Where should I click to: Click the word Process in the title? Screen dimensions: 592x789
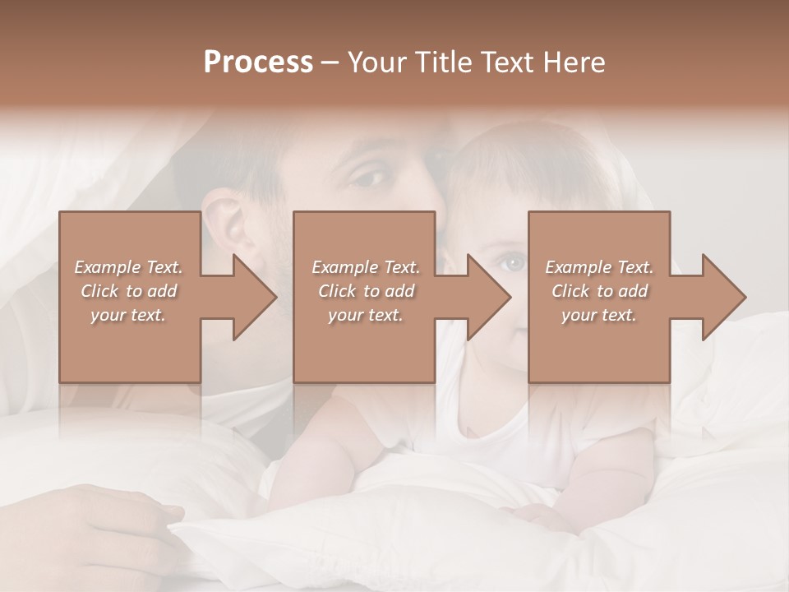point(258,62)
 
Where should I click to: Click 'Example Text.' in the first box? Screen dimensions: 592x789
point(128,267)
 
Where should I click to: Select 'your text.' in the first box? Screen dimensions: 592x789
point(128,315)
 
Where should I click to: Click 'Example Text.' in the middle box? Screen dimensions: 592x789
point(366,267)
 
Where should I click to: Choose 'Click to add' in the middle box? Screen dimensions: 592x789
point(366,291)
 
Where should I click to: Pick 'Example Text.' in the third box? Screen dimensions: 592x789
point(599,267)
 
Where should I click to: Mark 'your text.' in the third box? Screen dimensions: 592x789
point(599,315)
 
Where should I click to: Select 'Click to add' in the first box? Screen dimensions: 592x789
point(128,291)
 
